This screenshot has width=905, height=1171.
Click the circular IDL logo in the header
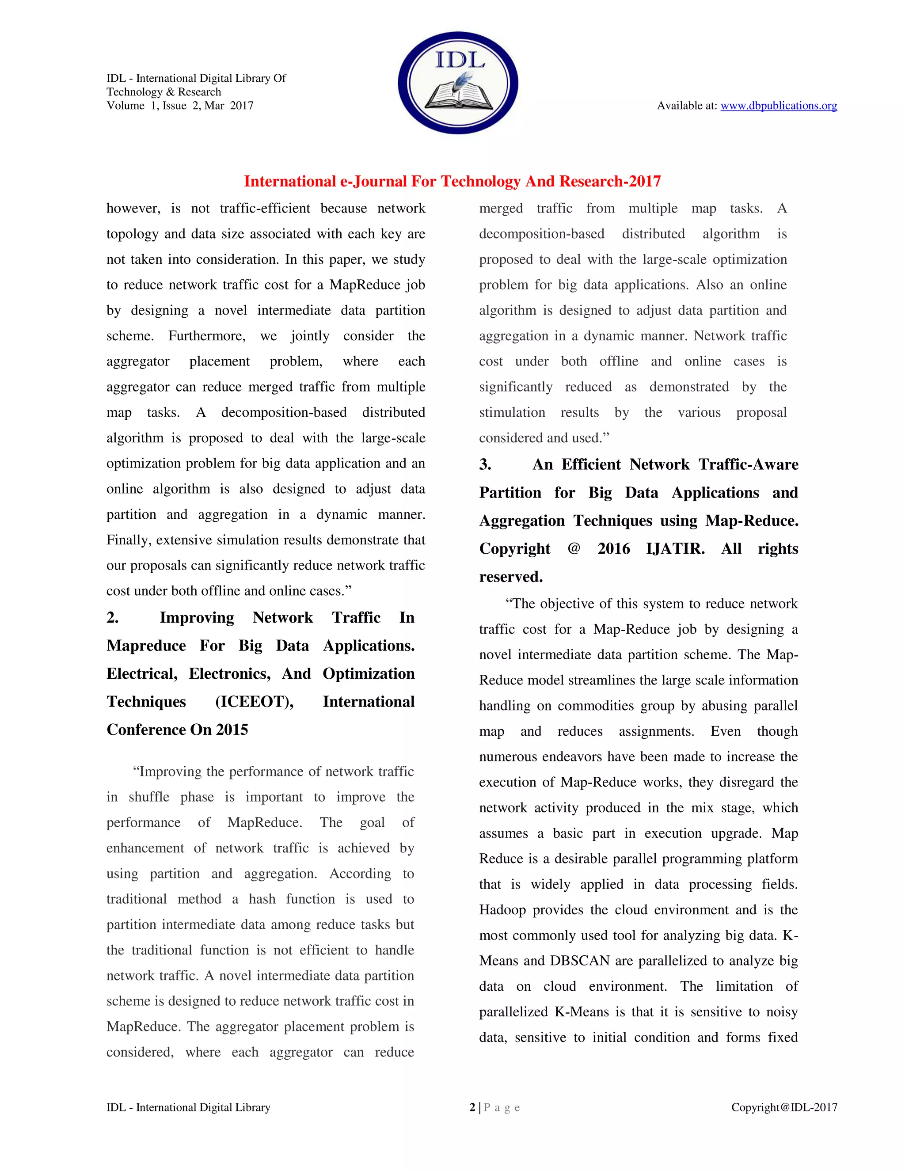point(458,83)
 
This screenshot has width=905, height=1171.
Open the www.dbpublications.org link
point(779,106)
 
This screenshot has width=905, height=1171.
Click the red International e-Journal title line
point(452,181)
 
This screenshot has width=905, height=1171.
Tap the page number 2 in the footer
point(472,1107)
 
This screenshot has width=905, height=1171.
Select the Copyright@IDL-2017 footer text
point(784,1107)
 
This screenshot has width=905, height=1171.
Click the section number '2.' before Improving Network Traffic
point(113,618)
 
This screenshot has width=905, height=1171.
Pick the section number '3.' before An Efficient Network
point(485,464)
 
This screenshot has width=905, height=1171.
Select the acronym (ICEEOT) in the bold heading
point(254,702)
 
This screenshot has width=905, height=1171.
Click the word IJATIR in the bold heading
point(675,548)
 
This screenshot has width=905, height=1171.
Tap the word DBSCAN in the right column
point(580,961)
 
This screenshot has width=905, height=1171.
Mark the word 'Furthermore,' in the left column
point(206,336)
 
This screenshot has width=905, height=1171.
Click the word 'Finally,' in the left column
point(129,540)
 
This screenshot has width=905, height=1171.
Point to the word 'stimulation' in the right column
point(512,413)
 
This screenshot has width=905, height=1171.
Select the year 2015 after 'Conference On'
point(232,730)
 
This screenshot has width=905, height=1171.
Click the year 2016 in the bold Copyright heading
point(613,548)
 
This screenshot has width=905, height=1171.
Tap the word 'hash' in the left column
point(262,899)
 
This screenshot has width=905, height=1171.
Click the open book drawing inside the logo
point(457,96)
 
